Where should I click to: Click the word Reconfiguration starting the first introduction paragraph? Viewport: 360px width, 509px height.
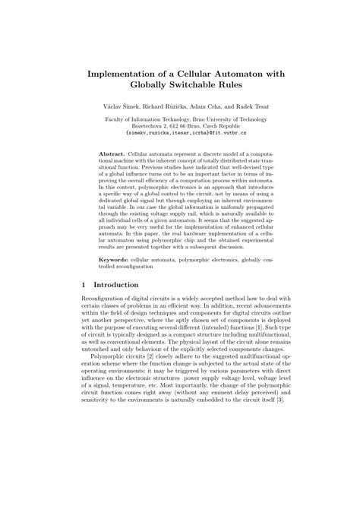tap(106, 323)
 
